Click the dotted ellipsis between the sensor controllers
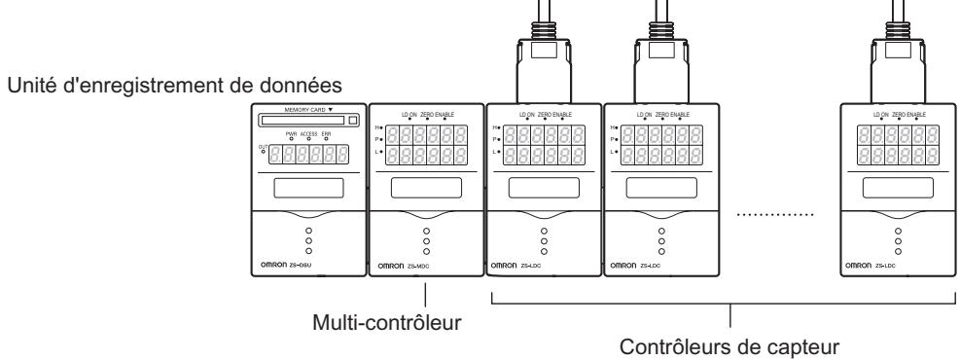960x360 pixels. point(774,213)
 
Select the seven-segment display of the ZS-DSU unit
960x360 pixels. point(310,154)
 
